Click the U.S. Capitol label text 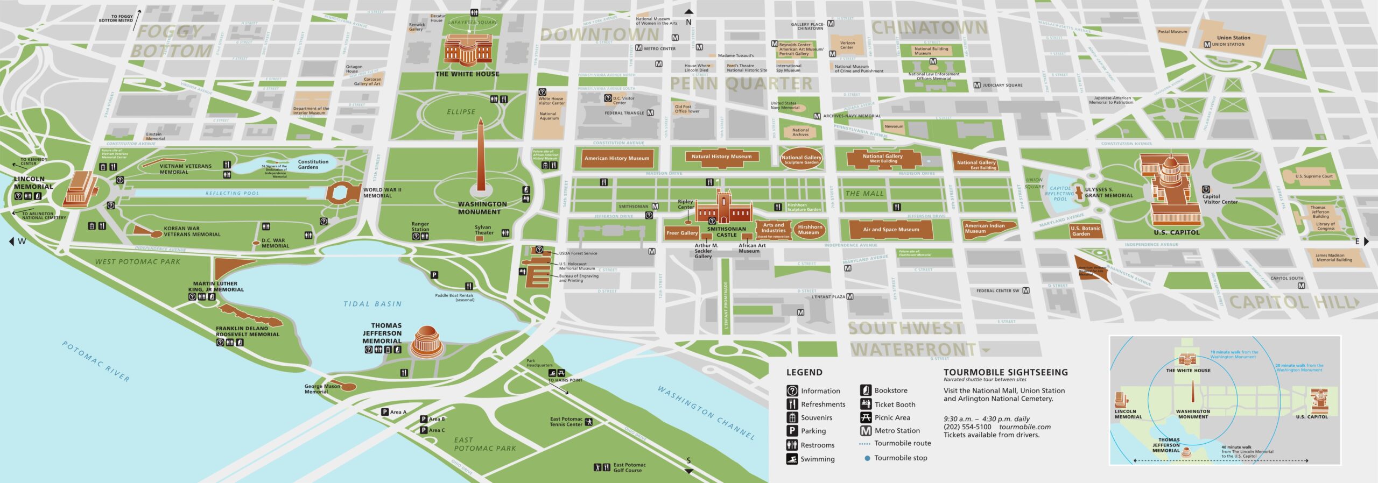pos(1177,232)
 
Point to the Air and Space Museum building pos(891,230)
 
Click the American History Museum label pos(617,158)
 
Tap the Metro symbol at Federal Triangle pos(650,113)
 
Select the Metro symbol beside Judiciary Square pos(977,85)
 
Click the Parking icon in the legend pos(792,431)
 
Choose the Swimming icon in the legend pos(792,459)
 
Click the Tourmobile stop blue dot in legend pos(867,458)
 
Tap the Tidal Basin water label pos(372,304)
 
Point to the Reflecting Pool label pos(232,193)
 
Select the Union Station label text pos(1233,38)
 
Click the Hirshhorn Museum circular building pos(809,230)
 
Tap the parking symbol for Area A pos(385,412)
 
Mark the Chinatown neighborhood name pos(929,27)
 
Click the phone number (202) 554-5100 pos(967,427)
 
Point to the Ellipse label pos(461,112)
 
